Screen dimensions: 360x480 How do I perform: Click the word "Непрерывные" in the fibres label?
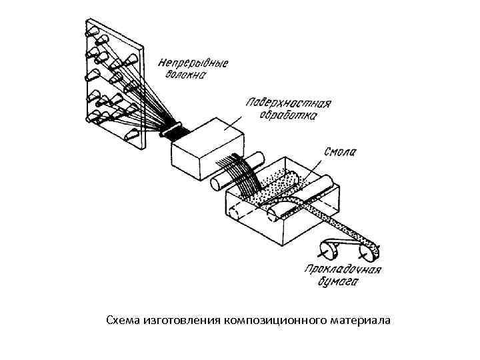(193, 64)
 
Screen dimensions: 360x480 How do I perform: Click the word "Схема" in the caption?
(123, 321)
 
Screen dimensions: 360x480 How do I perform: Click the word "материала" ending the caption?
(360, 321)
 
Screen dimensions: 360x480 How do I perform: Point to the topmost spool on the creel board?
(91, 31)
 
